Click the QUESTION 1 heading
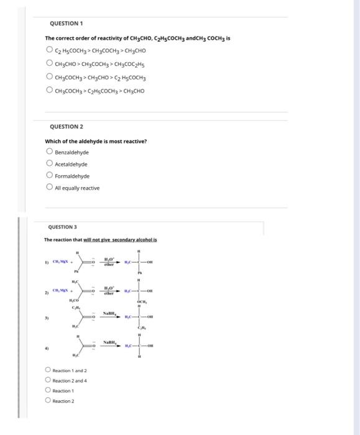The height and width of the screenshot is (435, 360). tap(65, 24)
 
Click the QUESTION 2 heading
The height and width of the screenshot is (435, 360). tap(65, 127)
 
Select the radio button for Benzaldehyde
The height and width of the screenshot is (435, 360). tap(49, 152)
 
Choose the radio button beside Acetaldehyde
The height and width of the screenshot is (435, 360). tap(49, 163)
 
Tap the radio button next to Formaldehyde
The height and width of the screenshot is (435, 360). tap(49, 175)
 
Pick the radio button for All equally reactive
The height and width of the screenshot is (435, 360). tap(49, 187)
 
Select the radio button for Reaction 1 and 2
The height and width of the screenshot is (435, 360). tap(48, 370)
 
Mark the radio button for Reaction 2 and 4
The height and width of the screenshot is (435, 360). tap(48, 380)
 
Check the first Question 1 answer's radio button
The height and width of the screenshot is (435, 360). tap(49, 50)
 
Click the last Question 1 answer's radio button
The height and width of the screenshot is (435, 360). tap(49, 91)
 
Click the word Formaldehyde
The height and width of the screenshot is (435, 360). tap(72, 176)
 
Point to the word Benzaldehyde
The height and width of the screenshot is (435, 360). tap(72, 152)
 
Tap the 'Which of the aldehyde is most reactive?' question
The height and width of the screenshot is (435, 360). tap(96, 141)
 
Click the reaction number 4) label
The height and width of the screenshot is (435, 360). tap(46, 349)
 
